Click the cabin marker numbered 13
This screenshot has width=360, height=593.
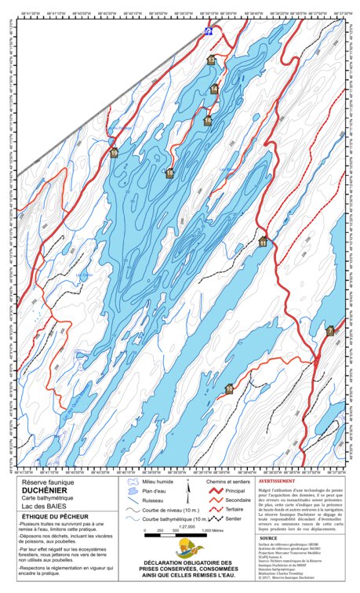click(x=210, y=60)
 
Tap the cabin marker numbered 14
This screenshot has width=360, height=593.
click(x=214, y=89)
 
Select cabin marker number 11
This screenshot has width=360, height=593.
click(x=263, y=243)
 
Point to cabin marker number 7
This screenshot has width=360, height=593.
click(x=330, y=330)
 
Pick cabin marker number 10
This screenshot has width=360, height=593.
click(x=230, y=387)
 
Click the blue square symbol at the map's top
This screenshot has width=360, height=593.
click(x=208, y=31)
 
